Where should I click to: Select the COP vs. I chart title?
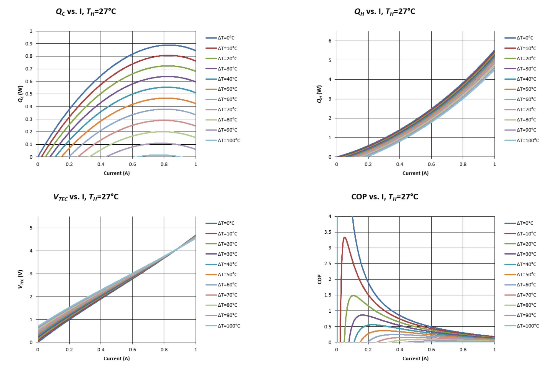click(x=384, y=197)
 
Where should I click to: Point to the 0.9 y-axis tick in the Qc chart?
click(x=29, y=44)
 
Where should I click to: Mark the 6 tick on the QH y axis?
click(x=330, y=41)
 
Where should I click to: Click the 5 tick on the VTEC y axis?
click(x=31, y=228)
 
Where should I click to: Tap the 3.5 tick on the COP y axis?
click(x=328, y=232)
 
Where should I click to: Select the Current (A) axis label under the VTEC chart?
click(x=117, y=358)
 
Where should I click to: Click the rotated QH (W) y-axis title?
click(x=319, y=94)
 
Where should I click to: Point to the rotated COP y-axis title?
click(x=320, y=279)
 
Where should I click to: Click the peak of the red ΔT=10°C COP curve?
click(x=344, y=237)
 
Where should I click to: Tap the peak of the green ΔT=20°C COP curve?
click(x=353, y=296)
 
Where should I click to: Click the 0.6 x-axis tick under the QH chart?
click(x=431, y=164)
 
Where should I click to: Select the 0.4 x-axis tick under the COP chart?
click(x=400, y=350)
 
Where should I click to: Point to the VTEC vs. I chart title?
click(x=86, y=197)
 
